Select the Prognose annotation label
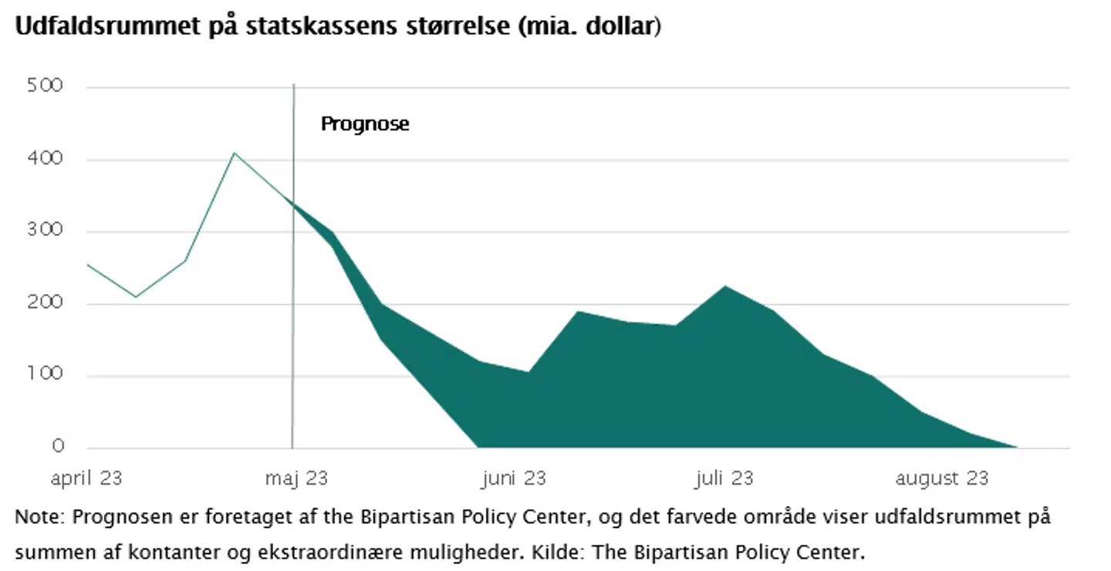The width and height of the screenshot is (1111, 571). point(365,123)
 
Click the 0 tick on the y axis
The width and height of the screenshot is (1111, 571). point(57,447)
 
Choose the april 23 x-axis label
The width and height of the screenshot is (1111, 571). point(86,478)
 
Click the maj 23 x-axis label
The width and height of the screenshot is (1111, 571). point(296,478)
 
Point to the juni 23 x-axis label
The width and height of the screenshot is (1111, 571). point(513,478)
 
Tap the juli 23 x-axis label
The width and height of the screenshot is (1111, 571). point(723,478)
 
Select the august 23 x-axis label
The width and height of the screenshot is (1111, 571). point(941,478)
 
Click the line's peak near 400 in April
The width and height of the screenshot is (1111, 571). point(235,153)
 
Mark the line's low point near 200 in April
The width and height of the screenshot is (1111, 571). point(136,297)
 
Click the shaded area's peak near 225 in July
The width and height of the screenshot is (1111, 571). point(724,287)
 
